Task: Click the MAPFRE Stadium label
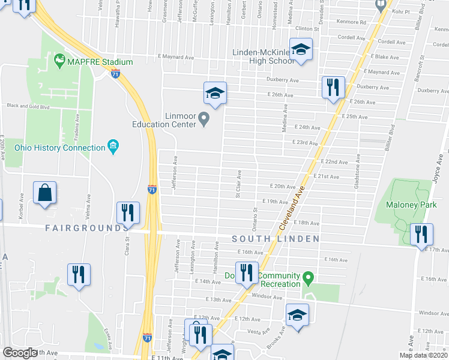100,61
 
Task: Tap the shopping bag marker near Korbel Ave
45,193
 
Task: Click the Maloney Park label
411,205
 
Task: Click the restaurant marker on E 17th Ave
422,233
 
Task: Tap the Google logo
19,353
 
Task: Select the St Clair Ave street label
238,184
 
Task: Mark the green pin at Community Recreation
308,277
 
